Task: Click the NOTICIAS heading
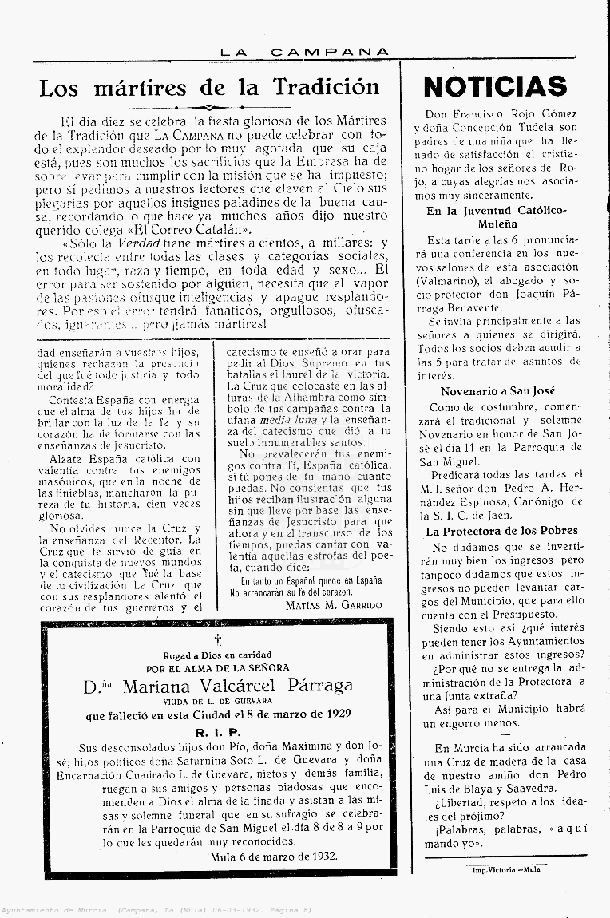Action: click(495, 86)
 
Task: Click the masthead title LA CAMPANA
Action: click(305, 52)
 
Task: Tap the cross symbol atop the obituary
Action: click(217, 640)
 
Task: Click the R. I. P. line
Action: click(218, 732)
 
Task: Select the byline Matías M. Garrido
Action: click(333, 605)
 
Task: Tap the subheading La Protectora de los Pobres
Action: click(501, 530)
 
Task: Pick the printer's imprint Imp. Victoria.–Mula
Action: click(507, 869)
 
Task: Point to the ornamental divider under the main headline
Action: click(208, 106)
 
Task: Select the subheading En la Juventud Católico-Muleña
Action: click(496, 217)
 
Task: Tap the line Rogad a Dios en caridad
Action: click(217, 655)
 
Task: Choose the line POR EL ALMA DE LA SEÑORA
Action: click(217, 668)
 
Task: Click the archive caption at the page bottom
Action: click(156, 910)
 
